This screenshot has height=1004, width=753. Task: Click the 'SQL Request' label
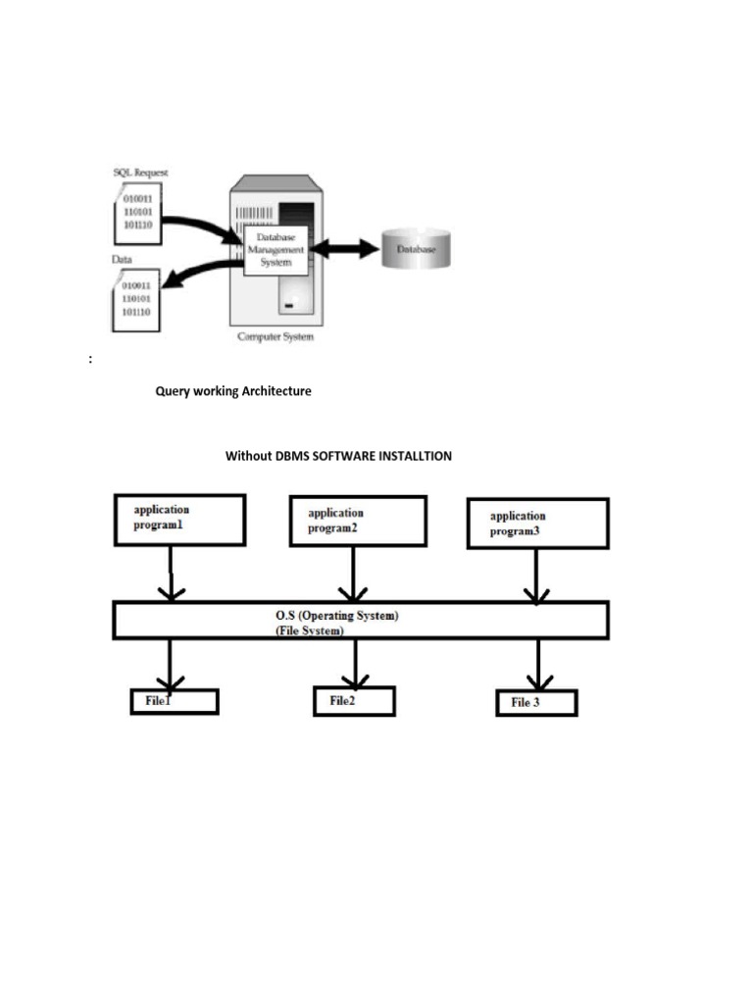(x=140, y=173)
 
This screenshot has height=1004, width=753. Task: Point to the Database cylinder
(x=417, y=250)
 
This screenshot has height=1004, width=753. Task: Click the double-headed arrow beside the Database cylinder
(x=344, y=250)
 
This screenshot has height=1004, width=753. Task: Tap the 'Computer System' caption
(x=276, y=338)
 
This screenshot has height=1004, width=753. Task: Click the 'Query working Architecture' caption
(x=233, y=391)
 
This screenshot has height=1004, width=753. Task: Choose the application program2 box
(x=358, y=521)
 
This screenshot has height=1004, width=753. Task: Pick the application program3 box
(x=537, y=524)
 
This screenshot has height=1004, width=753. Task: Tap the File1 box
(x=175, y=701)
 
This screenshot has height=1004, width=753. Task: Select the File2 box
(x=354, y=701)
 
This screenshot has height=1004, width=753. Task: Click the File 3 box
(x=536, y=703)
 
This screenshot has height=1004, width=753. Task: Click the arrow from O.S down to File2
(x=355, y=664)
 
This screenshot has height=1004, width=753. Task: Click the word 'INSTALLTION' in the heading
(x=420, y=456)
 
